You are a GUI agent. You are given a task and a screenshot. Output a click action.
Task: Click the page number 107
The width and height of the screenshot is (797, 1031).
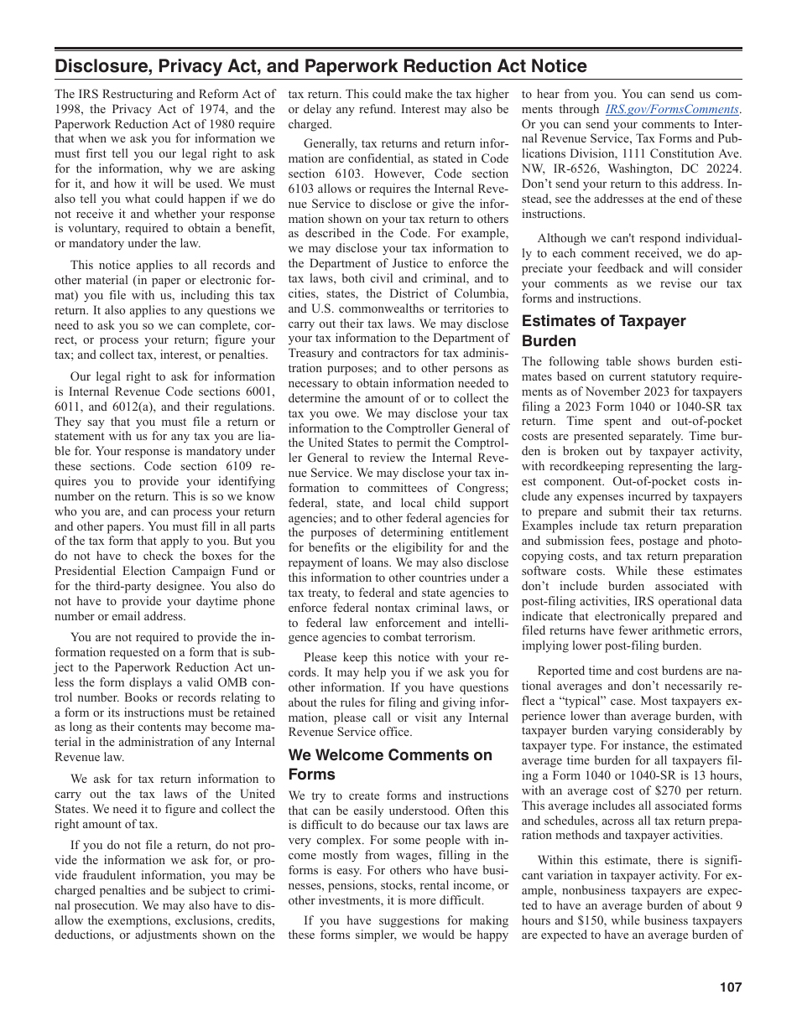point(730,987)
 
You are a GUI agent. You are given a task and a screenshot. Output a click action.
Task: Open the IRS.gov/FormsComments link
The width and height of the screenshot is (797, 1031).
point(672,109)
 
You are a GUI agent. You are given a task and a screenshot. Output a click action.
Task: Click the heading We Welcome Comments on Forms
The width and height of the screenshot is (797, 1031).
point(390,764)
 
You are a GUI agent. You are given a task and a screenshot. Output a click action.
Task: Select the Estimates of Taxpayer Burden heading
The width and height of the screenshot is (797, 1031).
point(604,331)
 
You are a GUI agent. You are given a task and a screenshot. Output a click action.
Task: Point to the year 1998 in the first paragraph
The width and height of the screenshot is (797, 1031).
point(70,109)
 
